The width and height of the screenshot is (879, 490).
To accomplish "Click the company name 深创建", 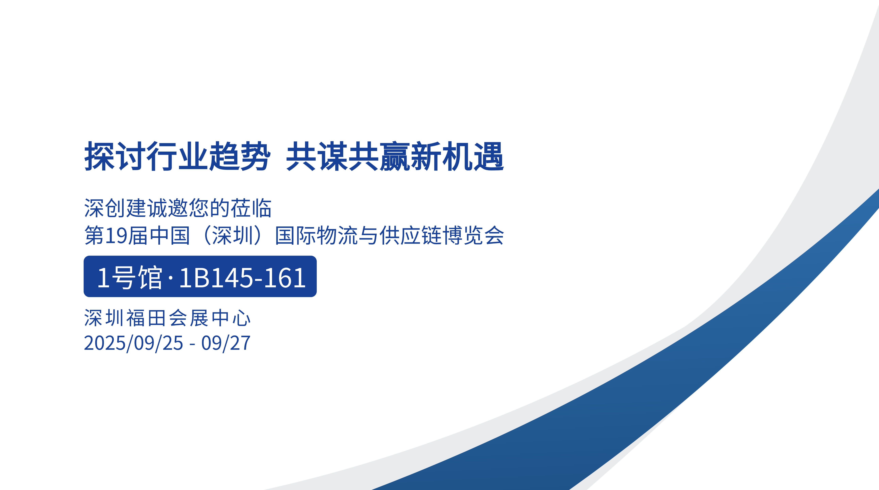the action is (x=115, y=208).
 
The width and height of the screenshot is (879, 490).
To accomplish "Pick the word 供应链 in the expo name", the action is (x=410, y=236).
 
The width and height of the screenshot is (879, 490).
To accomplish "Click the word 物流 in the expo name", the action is (x=337, y=236).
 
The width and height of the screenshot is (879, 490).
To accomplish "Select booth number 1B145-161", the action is (x=242, y=278).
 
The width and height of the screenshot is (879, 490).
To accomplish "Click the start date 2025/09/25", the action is (x=133, y=343).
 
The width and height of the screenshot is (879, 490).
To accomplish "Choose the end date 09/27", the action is (x=226, y=343).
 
